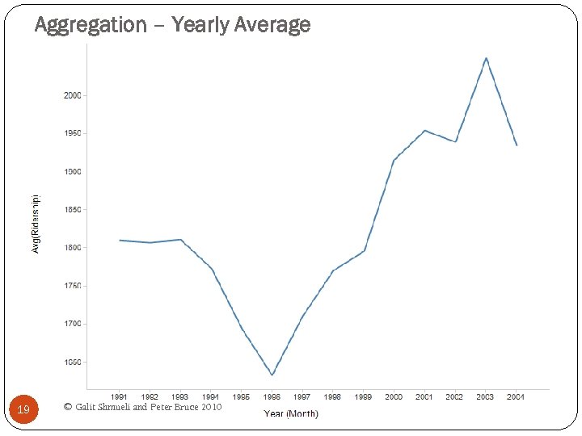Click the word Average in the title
pos(272,25)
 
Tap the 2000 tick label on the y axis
pos(72,95)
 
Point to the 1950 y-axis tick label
pos(72,133)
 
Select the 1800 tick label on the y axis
pos(72,248)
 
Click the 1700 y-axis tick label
pos(72,324)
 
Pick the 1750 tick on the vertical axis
pos(72,286)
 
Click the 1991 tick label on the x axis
pos(119,397)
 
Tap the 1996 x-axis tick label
pos(272,397)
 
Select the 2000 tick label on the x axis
pos(394,397)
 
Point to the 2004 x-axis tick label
pos(516,397)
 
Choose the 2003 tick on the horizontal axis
pos(485,397)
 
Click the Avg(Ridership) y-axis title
pos(35,224)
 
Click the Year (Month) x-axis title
pos(291,413)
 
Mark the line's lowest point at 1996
pos(272,375)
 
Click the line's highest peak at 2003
pos(486,58)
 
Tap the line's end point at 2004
pos(517,145)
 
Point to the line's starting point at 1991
pos(120,240)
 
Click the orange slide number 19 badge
pos(23,410)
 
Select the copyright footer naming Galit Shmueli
pos(142,407)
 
